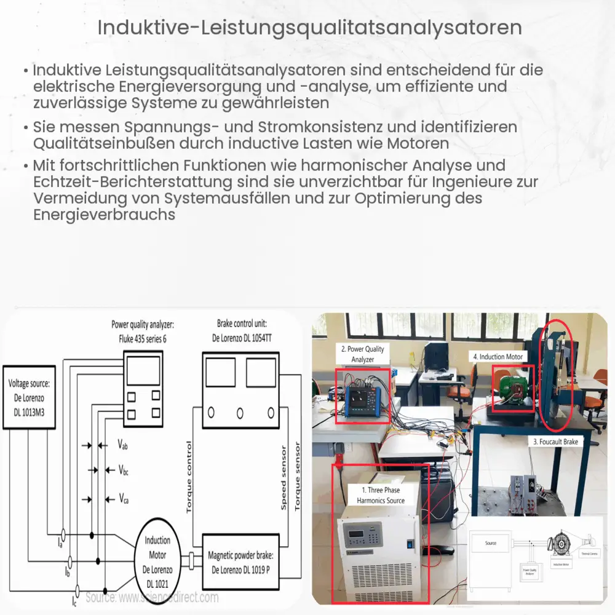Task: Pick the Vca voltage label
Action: tap(124, 498)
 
